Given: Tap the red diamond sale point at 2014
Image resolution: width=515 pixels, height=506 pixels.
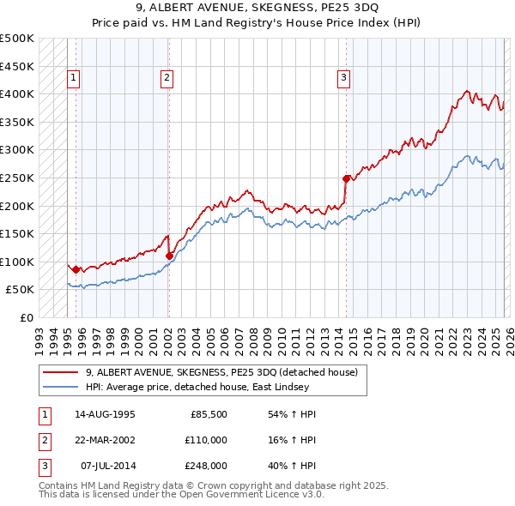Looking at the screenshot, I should tap(347, 178).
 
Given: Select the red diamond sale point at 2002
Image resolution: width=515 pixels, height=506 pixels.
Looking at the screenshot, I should tap(169, 256).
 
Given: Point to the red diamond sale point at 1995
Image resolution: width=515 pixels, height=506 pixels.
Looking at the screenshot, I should tap(76, 269).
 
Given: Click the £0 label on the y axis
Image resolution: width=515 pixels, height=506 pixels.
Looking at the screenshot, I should tap(26, 318).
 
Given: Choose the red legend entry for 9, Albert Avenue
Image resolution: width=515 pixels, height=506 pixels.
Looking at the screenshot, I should tap(227, 372).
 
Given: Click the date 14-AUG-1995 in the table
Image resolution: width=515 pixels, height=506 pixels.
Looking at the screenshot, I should tap(104, 414).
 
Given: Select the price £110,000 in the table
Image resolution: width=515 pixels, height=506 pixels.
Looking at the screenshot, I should tap(207, 440).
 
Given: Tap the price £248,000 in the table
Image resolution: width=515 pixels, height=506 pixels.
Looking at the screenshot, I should tap(207, 466).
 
